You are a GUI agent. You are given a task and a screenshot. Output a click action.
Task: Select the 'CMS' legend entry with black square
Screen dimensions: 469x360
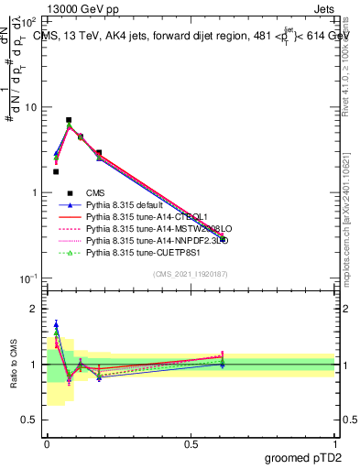tap(95, 193)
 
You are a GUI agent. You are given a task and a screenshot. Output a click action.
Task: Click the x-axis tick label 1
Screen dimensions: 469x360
tap(334, 442)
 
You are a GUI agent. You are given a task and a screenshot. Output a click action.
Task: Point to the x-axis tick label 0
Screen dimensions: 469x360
tap(47, 442)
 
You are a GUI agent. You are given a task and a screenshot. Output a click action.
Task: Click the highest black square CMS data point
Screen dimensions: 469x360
tap(69, 120)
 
